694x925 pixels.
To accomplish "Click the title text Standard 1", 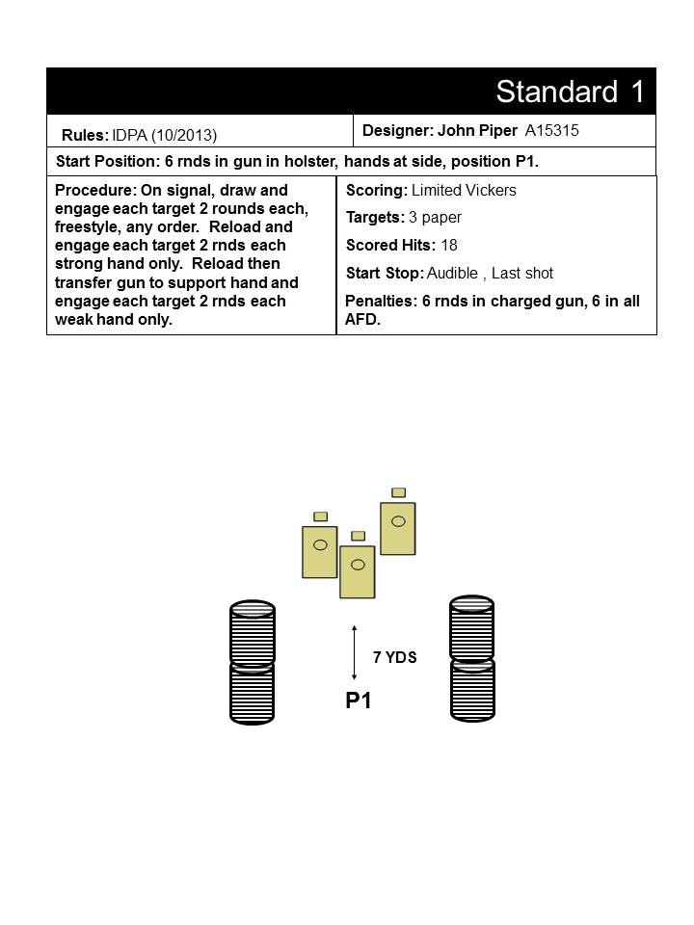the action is click(x=570, y=92).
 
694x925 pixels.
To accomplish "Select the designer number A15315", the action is click(x=551, y=130).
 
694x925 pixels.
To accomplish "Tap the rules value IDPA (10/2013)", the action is click(x=165, y=136).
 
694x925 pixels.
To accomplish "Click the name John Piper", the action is click(x=477, y=130).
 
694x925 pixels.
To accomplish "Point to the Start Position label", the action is click(x=107, y=162).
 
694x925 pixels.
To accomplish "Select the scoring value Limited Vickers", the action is click(x=464, y=190).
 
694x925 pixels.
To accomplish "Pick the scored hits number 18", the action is click(x=449, y=245).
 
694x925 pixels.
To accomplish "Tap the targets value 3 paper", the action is click(x=435, y=218).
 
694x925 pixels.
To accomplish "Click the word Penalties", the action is click(x=381, y=301).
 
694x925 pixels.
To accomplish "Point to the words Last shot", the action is click(x=522, y=273).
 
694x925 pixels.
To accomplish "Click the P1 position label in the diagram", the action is click(x=359, y=700).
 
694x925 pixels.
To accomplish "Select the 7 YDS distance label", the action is click(x=395, y=657).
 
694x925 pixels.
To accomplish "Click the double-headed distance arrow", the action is click(x=354, y=652).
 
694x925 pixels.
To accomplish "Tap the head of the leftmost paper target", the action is click(x=320, y=516).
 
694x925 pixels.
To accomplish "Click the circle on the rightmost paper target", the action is click(x=398, y=521).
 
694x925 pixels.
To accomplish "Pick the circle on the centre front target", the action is click(x=358, y=565).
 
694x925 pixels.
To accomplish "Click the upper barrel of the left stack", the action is click(x=252, y=632).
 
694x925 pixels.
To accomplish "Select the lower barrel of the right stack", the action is click(x=472, y=690).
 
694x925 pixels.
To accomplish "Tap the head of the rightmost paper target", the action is click(x=399, y=492).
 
